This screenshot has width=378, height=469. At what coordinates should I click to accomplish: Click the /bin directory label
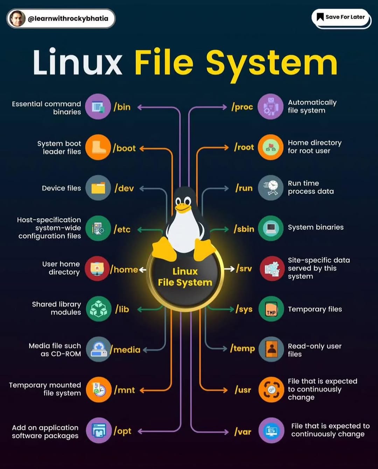(x=122, y=107)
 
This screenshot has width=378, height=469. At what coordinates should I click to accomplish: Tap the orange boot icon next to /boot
(x=98, y=147)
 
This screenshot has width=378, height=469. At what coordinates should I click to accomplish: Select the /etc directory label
(x=122, y=229)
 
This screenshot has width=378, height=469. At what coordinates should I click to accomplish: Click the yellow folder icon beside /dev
(x=98, y=188)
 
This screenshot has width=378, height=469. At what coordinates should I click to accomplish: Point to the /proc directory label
(x=242, y=107)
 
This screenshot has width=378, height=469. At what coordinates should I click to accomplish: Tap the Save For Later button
(x=341, y=17)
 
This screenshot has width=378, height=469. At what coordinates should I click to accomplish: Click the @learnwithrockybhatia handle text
(x=68, y=19)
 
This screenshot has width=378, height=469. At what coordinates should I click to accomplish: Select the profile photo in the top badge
(x=17, y=19)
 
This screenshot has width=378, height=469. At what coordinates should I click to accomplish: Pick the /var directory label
(x=243, y=432)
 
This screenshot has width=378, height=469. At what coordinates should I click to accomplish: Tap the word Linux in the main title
(x=77, y=63)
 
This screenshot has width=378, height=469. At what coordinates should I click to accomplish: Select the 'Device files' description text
(x=61, y=188)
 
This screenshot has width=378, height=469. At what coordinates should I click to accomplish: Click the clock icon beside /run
(x=271, y=188)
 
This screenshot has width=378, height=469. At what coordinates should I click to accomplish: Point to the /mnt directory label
(x=124, y=390)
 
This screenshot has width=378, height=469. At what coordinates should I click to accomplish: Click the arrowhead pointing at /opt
(x=140, y=431)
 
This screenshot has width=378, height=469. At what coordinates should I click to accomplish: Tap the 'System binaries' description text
(x=315, y=227)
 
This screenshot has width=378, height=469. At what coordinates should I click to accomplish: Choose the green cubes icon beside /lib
(x=98, y=309)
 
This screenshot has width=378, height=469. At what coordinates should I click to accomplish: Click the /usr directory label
(x=243, y=390)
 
